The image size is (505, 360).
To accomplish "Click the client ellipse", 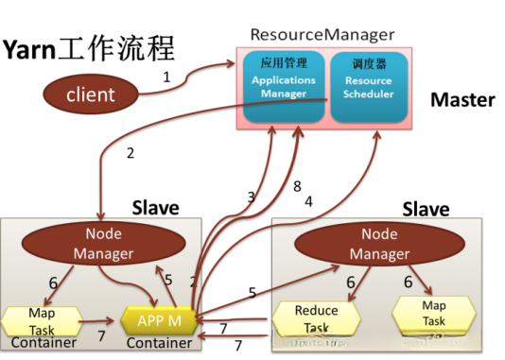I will (91, 94).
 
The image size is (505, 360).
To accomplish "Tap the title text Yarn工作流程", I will (91, 49).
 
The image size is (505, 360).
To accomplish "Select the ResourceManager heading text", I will (322, 35).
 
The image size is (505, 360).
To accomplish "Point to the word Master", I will (463, 99).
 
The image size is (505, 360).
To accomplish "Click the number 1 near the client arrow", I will (167, 77).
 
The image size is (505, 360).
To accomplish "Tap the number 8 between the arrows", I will (296, 186).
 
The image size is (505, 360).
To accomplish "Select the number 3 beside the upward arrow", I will (251, 197).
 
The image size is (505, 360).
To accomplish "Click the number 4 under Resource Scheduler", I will (308, 200).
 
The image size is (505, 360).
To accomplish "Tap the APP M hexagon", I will (157, 320).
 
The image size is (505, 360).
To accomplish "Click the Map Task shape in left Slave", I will (41, 318).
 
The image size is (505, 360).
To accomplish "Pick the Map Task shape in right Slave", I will (433, 313).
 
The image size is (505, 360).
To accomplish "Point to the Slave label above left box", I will (157, 206).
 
